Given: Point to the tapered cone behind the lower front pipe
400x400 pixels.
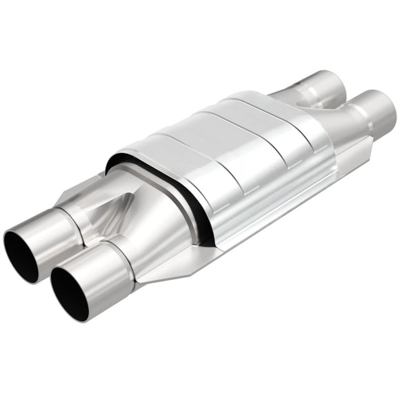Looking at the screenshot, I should pyautogui.click(x=159, y=234).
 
